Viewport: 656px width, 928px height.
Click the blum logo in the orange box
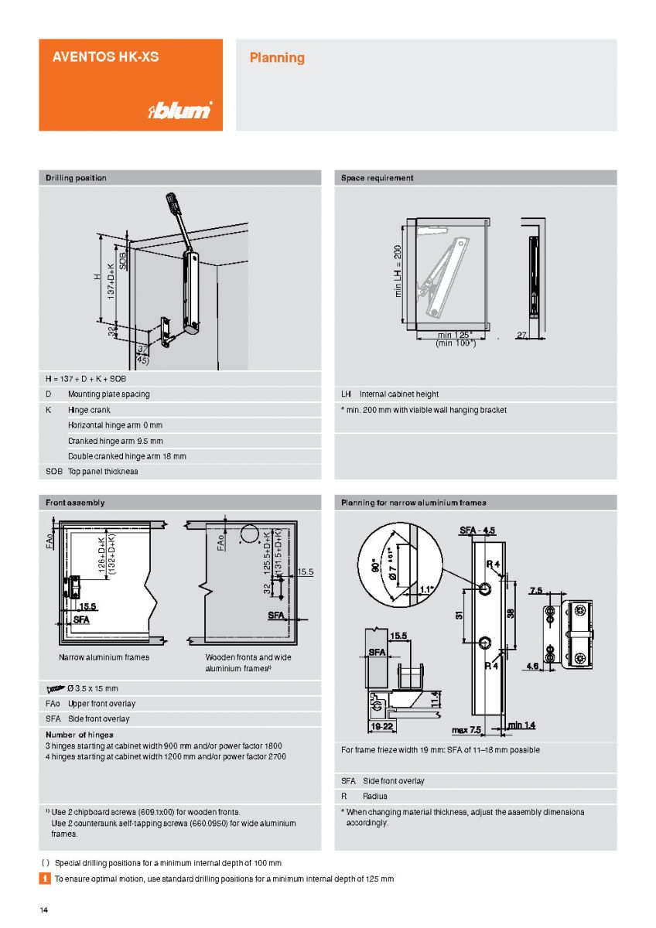pyautogui.click(x=179, y=111)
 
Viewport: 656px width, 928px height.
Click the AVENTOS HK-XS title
pyautogui.click(x=105, y=56)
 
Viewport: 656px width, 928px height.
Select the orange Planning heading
pyautogui.click(x=276, y=57)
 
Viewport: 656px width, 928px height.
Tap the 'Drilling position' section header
pyautogui.click(x=76, y=178)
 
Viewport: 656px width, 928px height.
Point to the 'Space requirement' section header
pyautogui.click(x=377, y=178)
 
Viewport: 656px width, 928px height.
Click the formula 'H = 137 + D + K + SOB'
pyautogui.click(x=86, y=379)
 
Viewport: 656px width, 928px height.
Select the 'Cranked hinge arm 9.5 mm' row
pyautogui.click(x=115, y=441)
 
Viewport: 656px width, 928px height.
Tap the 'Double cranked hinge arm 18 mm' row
pyautogui.click(x=127, y=456)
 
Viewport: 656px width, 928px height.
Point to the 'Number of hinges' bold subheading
pyautogui.click(x=79, y=735)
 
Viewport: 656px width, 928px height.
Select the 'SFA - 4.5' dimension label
pyautogui.click(x=477, y=531)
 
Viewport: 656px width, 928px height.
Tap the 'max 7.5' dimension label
pyautogui.click(x=466, y=730)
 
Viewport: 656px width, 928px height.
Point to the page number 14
pyautogui.click(x=44, y=909)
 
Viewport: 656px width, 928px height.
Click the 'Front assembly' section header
pyautogui.click(x=75, y=503)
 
